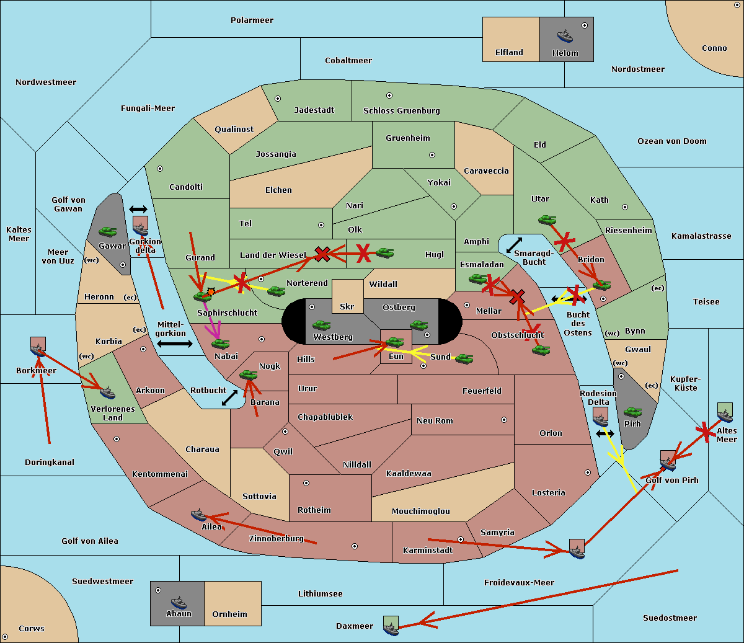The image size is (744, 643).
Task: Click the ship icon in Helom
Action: point(565,36)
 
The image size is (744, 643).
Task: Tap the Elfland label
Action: point(509,53)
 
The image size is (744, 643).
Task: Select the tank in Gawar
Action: point(108,231)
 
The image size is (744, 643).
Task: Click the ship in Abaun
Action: point(179,602)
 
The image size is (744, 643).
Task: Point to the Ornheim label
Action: point(229,614)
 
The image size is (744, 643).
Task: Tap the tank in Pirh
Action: point(632,412)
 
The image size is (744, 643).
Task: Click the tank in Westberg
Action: point(321,326)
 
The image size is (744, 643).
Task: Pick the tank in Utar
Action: point(547,220)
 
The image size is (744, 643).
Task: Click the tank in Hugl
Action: point(385,253)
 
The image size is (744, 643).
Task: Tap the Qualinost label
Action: point(234,129)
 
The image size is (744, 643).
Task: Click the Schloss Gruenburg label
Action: point(402,110)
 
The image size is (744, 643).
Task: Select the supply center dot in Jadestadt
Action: point(278,99)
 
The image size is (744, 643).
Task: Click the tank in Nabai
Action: point(220,344)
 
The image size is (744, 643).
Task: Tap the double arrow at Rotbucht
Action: point(229,397)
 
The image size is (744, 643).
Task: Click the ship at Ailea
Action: point(198,515)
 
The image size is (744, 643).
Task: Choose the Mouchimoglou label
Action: point(421,511)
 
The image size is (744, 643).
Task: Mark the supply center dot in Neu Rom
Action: point(504,420)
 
